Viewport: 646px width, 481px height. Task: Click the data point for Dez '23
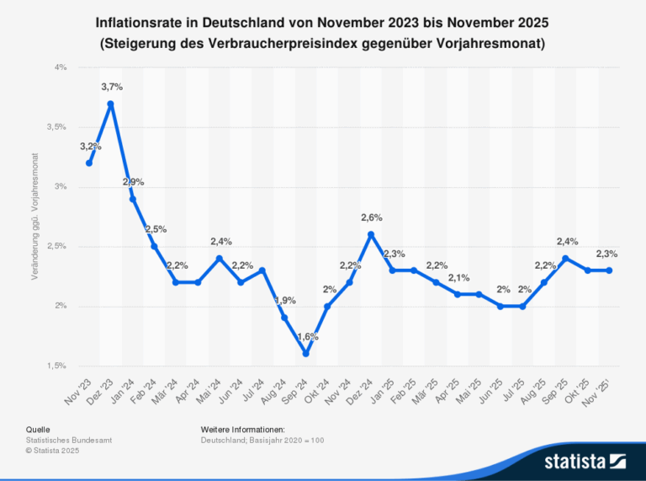[x=111, y=104]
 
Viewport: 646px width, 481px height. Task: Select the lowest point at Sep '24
[x=306, y=354]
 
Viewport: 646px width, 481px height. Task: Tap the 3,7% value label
[x=112, y=87]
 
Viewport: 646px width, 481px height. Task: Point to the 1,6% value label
[x=307, y=337]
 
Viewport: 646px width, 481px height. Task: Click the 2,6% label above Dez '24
[x=372, y=217]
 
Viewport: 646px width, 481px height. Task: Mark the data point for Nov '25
[x=610, y=270]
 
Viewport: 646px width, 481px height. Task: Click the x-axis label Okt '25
[x=582, y=388]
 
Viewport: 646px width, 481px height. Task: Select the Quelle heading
[x=38, y=430]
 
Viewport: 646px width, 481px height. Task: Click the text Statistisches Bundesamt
[x=69, y=441]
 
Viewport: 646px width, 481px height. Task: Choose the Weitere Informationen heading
[x=242, y=430]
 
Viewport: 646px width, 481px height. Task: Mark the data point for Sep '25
[x=566, y=258]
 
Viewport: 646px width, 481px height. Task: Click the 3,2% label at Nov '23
[x=90, y=147]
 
